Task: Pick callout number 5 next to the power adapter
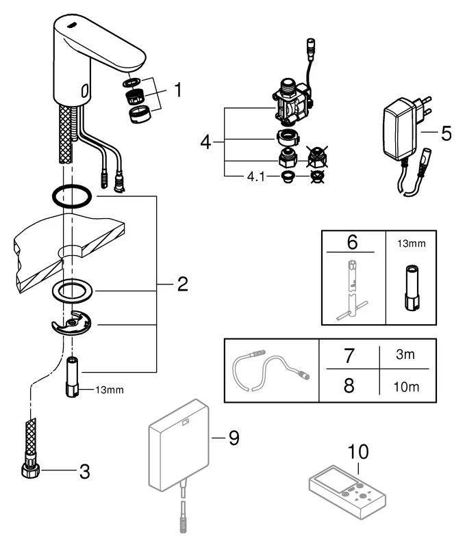tap(445, 132)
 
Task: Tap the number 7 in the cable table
tap(350, 356)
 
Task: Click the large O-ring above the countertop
tap(71, 195)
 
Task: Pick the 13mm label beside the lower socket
tap(110, 390)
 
